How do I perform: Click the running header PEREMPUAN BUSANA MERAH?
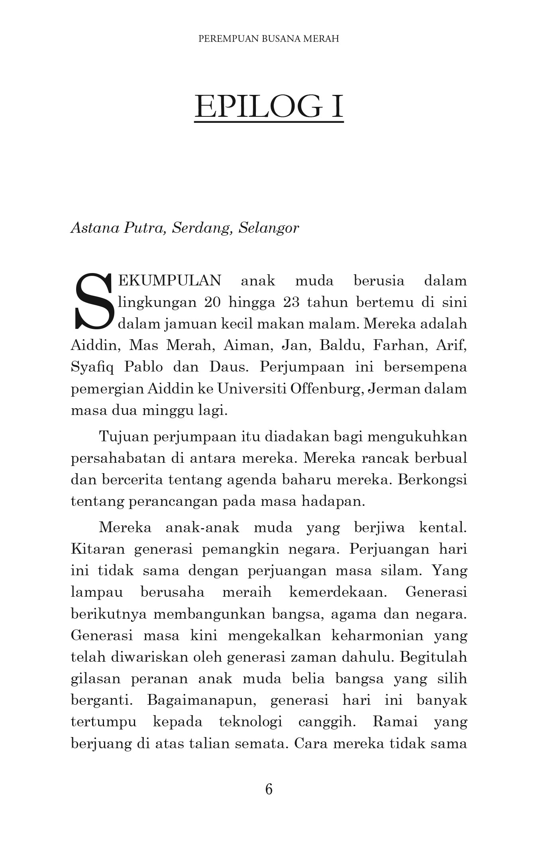tap(269, 39)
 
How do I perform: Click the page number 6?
tap(269, 789)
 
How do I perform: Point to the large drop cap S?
tap(92, 301)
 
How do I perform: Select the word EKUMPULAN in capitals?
tap(170, 281)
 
